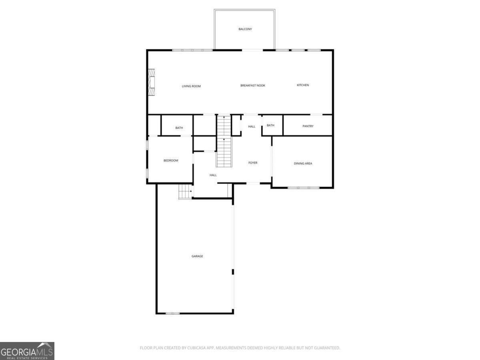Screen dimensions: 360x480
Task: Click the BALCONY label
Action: [245, 29]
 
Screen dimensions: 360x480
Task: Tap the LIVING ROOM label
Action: [191, 86]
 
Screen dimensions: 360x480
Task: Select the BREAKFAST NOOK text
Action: [252, 86]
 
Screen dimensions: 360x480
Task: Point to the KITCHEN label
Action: [303, 85]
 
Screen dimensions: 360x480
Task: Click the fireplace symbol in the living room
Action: [152, 82]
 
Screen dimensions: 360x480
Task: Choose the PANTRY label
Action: [308, 126]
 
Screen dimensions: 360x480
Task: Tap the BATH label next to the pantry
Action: [271, 126]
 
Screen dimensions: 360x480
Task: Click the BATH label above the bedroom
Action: [179, 128]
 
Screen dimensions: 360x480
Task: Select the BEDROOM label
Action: [171, 161]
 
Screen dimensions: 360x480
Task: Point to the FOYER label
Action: [253, 163]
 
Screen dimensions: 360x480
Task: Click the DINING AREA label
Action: [303, 164]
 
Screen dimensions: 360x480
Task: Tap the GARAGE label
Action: [197, 256]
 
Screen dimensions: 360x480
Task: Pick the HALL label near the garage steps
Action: [213, 175]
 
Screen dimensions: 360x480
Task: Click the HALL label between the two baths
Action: [252, 127]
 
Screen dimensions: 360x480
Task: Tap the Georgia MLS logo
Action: [27, 351]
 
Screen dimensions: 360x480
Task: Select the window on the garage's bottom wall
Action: [173, 313]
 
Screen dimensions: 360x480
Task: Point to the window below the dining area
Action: [304, 188]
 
